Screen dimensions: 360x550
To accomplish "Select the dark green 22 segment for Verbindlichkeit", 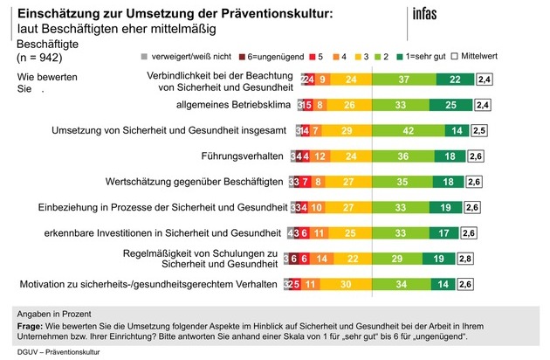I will click(455, 80).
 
